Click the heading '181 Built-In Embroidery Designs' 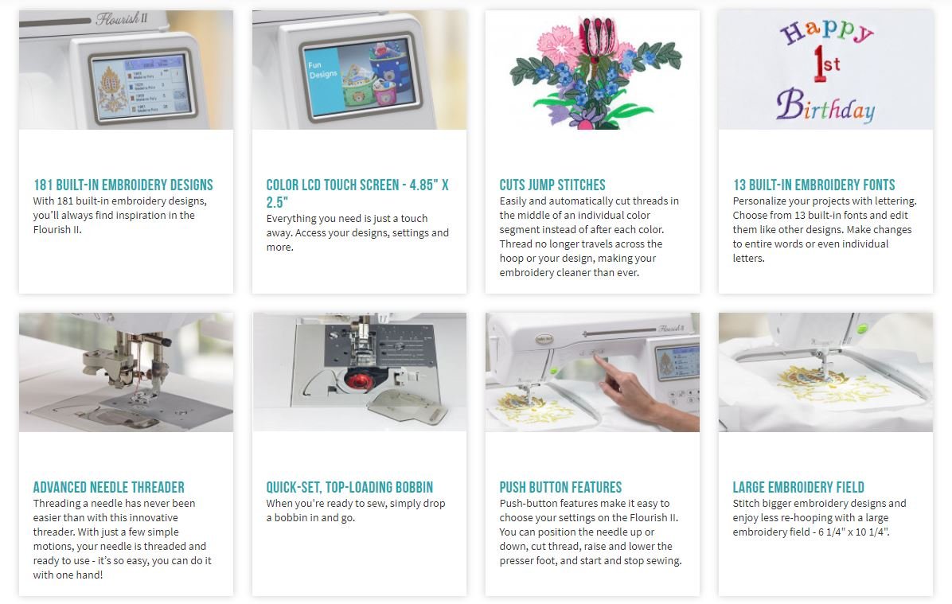coord(123,185)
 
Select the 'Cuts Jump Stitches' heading coord(552,185)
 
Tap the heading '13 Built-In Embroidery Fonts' coord(814,185)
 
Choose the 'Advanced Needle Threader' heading coord(109,487)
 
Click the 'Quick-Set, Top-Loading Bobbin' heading coord(349,487)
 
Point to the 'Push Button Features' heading coord(560,487)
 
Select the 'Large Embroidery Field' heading coord(798,487)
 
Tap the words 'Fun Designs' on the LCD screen coord(322,70)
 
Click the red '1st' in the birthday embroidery coord(826,64)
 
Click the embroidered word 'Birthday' coord(825,106)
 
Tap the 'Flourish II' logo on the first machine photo coord(122,19)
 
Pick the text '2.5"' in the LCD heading coord(277,202)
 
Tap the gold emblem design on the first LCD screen coord(111,90)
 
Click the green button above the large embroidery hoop coord(861,329)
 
